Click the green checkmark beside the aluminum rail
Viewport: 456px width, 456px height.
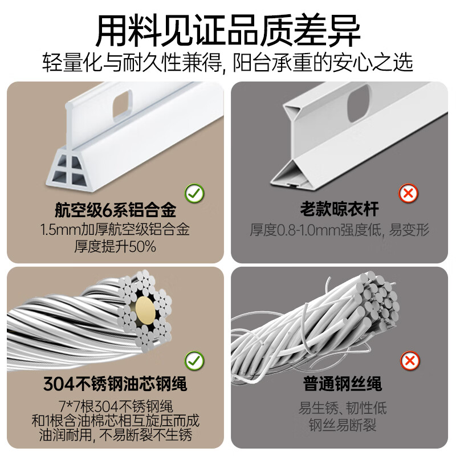[x=195, y=193]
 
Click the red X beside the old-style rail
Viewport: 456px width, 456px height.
[x=408, y=194]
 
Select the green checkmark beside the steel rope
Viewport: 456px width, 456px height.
[x=195, y=360]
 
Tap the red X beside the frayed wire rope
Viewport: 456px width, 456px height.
[x=408, y=360]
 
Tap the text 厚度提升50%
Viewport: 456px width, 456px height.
[x=115, y=247]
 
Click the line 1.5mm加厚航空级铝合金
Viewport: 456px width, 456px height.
[x=115, y=230]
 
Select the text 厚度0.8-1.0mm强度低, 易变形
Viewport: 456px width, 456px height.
[x=340, y=230]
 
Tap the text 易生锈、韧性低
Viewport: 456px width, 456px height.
[x=340, y=408]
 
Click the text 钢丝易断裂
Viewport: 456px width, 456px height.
[x=340, y=425]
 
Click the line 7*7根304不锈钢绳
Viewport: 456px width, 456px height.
[x=115, y=407]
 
